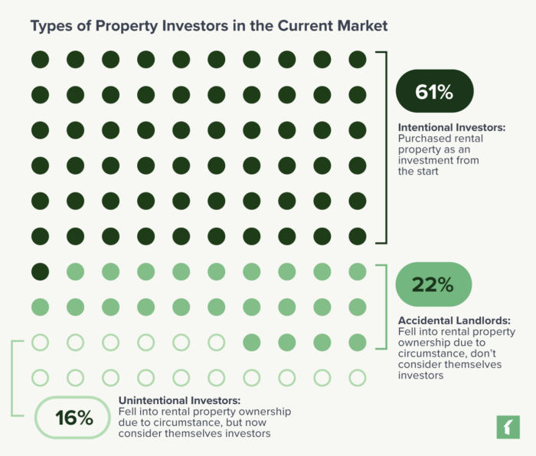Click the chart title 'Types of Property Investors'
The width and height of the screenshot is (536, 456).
[x=208, y=26]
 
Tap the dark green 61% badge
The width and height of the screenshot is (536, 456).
[x=434, y=92]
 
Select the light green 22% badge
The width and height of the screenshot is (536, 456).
[x=433, y=284]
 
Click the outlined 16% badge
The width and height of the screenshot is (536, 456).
[x=74, y=418]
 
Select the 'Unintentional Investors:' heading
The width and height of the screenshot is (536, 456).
[x=179, y=400]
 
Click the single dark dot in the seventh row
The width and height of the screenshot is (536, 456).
[x=40, y=271]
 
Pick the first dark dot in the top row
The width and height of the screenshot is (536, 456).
[x=40, y=59]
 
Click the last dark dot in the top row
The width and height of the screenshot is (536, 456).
[x=358, y=59]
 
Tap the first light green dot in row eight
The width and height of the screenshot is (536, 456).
[x=40, y=307]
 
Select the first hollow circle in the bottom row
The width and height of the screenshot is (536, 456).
[x=40, y=377]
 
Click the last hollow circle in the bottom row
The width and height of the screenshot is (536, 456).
[x=358, y=377]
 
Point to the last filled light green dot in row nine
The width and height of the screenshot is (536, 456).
[x=358, y=342]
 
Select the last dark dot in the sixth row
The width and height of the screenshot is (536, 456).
[x=358, y=235]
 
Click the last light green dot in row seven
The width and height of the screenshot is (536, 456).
[x=358, y=271]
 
